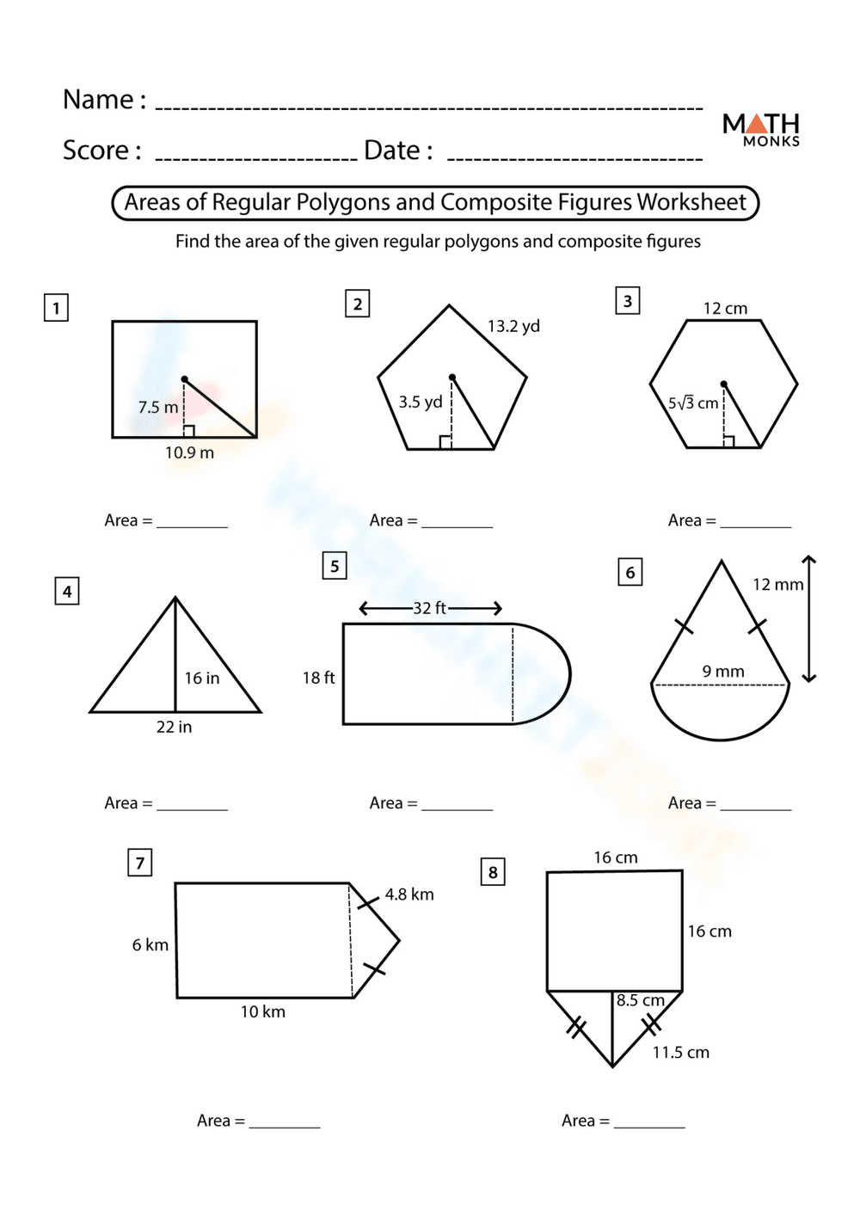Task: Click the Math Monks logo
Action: [761, 129]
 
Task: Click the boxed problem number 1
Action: [56, 308]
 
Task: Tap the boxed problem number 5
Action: [335, 566]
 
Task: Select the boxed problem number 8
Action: [493, 872]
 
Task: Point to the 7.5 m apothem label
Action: [158, 407]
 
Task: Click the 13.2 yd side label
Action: [513, 326]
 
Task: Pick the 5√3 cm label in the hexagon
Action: [693, 403]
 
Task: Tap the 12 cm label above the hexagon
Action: [725, 308]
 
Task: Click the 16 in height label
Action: [202, 678]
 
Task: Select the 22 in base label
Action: [174, 727]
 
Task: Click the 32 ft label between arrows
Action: [429, 608]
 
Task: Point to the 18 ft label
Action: [318, 678]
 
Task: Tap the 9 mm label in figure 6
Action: [723, 671]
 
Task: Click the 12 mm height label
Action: [777, 584]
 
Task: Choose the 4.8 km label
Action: [409, 894]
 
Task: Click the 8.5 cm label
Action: [641, 1000]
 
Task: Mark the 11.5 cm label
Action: [680, 1052]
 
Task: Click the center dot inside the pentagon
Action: [452, 378]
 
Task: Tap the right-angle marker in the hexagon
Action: [728, 441]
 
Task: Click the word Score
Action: [95, 151]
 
